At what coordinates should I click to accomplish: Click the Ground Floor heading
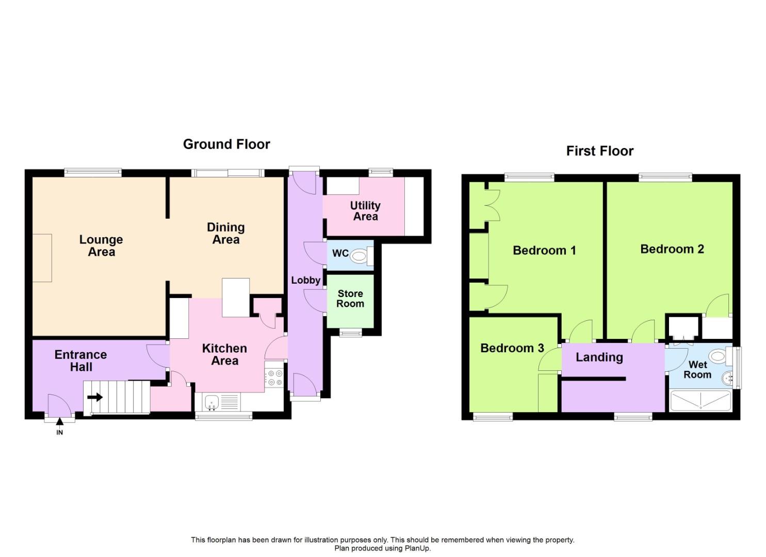point(226,144)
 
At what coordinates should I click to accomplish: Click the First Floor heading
point(599,151)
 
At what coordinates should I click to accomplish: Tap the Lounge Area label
point(101,246)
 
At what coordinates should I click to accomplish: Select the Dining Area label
point(225,234)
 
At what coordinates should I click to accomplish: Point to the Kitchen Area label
point(224,355)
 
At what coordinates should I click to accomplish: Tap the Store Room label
point(350,299)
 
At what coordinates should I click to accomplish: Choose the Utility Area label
point(365,211)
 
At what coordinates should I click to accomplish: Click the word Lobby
point(305,281)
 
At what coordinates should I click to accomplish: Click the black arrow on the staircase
point(95,398)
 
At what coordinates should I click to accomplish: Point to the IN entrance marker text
point(59,433)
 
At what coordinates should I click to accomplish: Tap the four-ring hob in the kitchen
point(274,378)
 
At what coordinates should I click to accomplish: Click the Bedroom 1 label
point(544,251)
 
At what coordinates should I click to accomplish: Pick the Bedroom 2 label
point(672,249)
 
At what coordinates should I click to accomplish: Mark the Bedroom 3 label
point(512,348)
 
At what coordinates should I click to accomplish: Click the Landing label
point(599,357)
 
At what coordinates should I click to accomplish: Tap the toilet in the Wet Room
point(716,356)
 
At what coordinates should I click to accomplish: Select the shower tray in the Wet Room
point(700,401)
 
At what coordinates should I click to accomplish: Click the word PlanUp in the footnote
point(418,548)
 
